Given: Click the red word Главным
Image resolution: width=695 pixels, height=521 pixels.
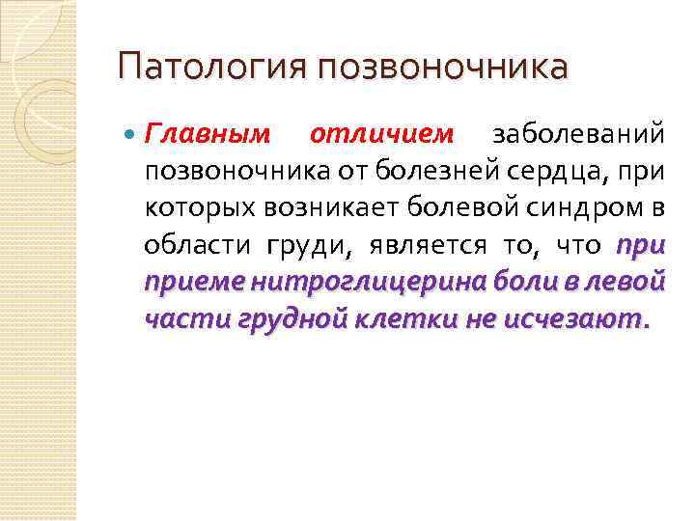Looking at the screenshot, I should click(x=207, y=134).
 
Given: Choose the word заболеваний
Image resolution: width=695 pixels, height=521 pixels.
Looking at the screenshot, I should click(x=579, y=134).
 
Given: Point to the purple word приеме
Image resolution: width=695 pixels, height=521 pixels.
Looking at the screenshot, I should click(x=192, y=282).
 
